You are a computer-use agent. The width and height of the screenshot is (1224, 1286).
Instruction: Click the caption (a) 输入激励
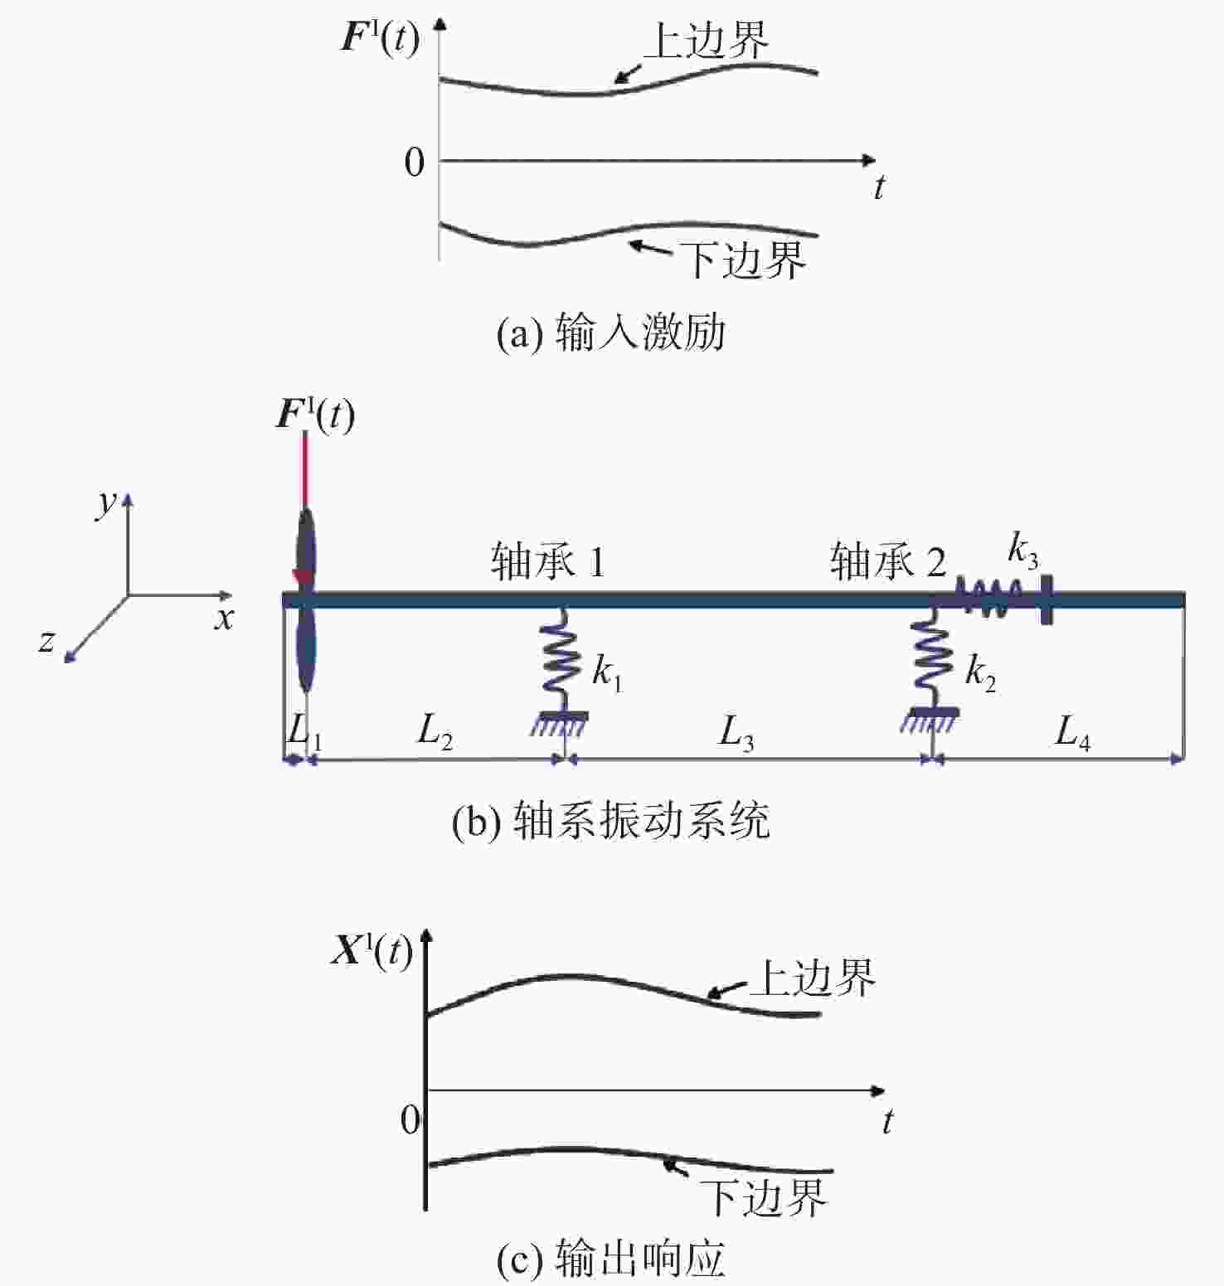(x=611, y=333)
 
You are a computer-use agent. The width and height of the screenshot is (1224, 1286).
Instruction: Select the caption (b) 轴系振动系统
(x=611, y=821)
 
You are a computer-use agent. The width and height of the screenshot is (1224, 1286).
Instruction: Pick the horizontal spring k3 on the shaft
(x=991, y=598)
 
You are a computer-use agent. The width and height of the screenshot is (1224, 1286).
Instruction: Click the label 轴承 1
(x=548, y=562)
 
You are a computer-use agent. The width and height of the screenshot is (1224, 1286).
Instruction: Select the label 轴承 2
(x=888, y=562)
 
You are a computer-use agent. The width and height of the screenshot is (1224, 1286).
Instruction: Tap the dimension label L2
(x=435, y=732)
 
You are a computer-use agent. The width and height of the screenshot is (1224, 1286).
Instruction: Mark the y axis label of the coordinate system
(x=107, y=501)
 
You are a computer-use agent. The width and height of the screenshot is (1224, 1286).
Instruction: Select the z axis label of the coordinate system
(x=47, y=639)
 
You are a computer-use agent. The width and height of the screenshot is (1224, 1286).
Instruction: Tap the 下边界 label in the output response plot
(x=764, y=1196)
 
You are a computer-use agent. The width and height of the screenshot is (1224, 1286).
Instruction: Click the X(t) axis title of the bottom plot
(x=372, y=951)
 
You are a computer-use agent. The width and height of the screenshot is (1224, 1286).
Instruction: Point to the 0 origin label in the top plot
(x=415, y=163)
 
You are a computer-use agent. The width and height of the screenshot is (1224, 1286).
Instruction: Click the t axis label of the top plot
(x=879, y=187)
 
